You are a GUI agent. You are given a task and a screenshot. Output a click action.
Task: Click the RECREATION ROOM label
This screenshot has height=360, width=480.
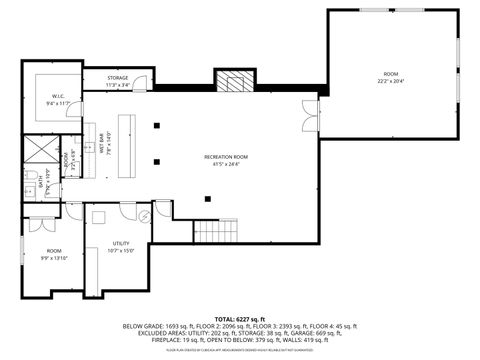point(226,157)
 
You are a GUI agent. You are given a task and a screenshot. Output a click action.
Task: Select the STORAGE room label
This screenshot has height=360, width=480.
point(119,78)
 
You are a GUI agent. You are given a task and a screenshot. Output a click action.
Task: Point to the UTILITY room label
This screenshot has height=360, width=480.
point(120,243)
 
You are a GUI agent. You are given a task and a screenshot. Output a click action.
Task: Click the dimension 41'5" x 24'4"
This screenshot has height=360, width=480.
point(226,164)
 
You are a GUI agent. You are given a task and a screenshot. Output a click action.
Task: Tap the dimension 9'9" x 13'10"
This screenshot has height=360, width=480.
point(54,258)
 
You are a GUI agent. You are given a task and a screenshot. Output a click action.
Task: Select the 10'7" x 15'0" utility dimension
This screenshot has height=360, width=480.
point(120,250)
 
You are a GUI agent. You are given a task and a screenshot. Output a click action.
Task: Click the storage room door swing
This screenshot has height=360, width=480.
point(144,85)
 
